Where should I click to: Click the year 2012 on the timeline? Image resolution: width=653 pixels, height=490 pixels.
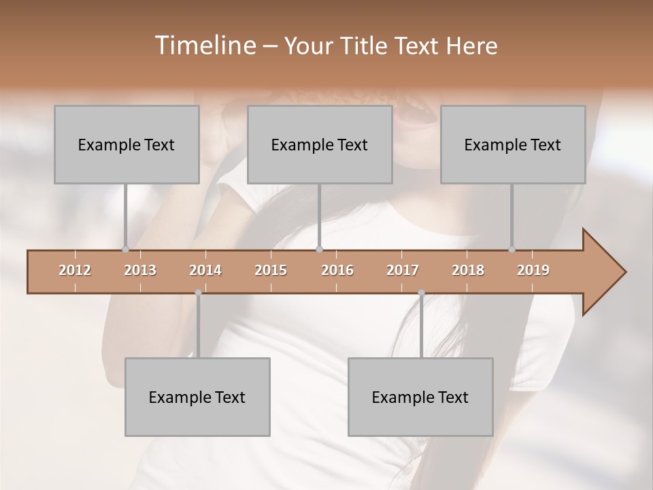[x=75, y=270]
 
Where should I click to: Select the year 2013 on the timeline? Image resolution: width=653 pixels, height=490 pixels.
[x=140, y=270]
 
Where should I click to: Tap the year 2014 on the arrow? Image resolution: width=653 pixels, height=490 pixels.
[x=205, y=270]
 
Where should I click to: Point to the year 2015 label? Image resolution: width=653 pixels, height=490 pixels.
[x=271, y=270]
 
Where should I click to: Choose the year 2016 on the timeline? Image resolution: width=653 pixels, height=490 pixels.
[x=337, y=270]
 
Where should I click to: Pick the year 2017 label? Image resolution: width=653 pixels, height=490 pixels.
[x=403, y=270]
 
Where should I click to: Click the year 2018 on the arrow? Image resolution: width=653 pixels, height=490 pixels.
[x=468, y=270]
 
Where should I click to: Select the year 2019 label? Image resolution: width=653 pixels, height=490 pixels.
[x=533, y=270]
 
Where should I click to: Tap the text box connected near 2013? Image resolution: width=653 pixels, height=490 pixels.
[x=127, y=144]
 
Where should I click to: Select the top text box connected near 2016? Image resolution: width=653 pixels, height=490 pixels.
[x=320, y=144]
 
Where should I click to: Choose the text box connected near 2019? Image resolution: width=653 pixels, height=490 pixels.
[x=513, y=144]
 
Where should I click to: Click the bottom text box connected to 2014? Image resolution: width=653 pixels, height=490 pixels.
[x=197, y=397]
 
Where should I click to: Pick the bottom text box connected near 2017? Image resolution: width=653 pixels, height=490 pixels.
[x=420, y=397]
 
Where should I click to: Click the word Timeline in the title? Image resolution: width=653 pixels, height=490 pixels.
[x=204, y=46]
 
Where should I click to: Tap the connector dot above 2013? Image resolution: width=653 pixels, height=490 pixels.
[x=125, y=249]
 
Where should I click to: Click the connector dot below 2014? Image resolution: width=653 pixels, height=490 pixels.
[x=198, y=293]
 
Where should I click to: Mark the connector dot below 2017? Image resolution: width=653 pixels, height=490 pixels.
[x=421, y=293]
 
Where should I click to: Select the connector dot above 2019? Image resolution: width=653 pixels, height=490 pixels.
[x=512, y=249]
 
